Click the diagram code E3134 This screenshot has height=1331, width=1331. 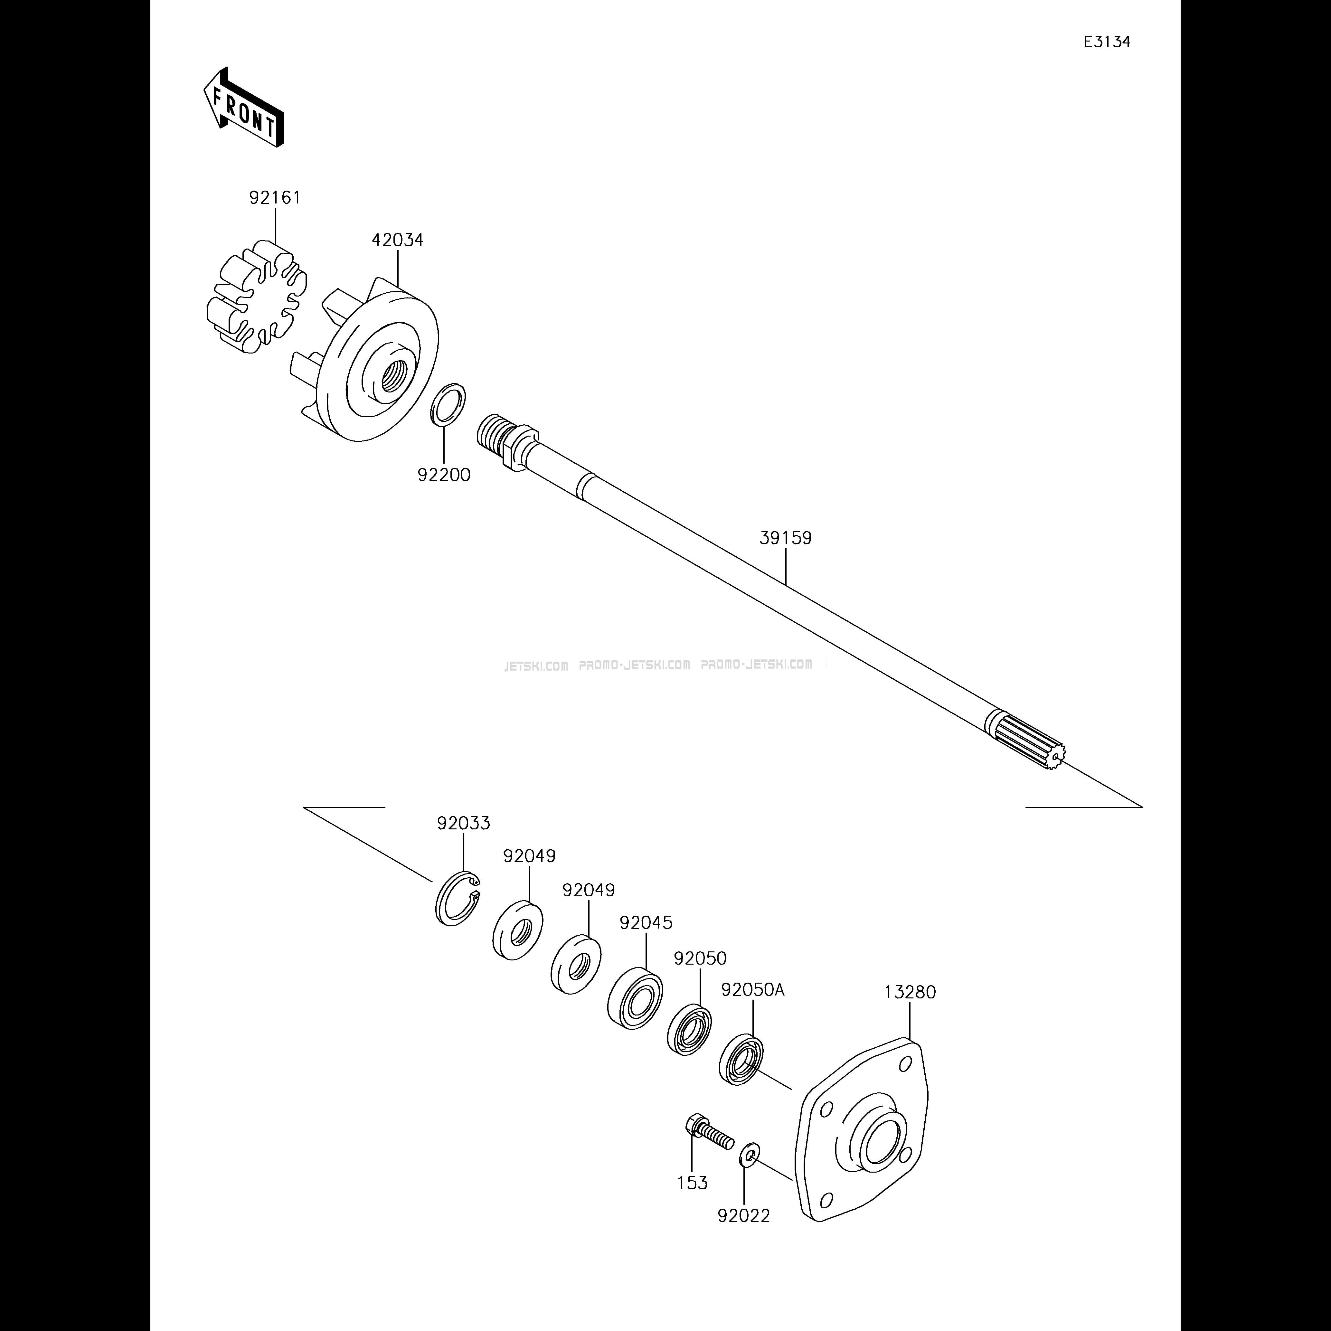click(1106, 42)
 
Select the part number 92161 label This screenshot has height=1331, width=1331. click(275, 198)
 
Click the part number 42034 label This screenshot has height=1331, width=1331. click(398, 240)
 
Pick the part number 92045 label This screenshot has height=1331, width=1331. click(646, 922)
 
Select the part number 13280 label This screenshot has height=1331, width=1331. click(910, 992)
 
